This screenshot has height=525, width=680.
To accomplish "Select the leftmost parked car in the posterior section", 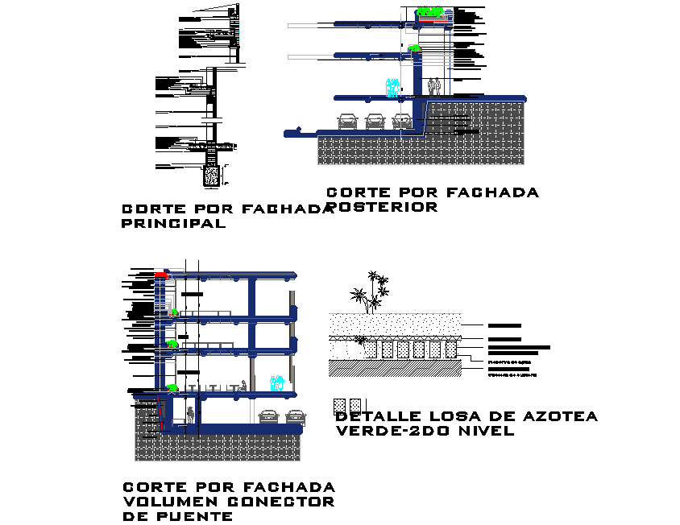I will (347, 121).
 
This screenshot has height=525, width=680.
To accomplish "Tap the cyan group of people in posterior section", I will (392, 88).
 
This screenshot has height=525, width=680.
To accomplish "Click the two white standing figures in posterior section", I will (434, 86).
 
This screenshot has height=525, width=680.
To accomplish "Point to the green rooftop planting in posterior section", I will (430, 12).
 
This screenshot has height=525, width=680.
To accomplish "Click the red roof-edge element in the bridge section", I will (162, 275).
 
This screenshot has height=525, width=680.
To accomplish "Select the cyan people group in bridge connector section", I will (278, 383).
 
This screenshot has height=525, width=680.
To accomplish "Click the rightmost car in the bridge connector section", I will (296, 416).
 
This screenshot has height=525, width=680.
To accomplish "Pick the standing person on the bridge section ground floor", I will (190, 415).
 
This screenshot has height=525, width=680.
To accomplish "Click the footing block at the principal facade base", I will (212, 175).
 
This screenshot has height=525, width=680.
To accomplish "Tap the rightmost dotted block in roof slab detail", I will (450, 349).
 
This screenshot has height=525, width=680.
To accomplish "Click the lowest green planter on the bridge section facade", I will (171, 388).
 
